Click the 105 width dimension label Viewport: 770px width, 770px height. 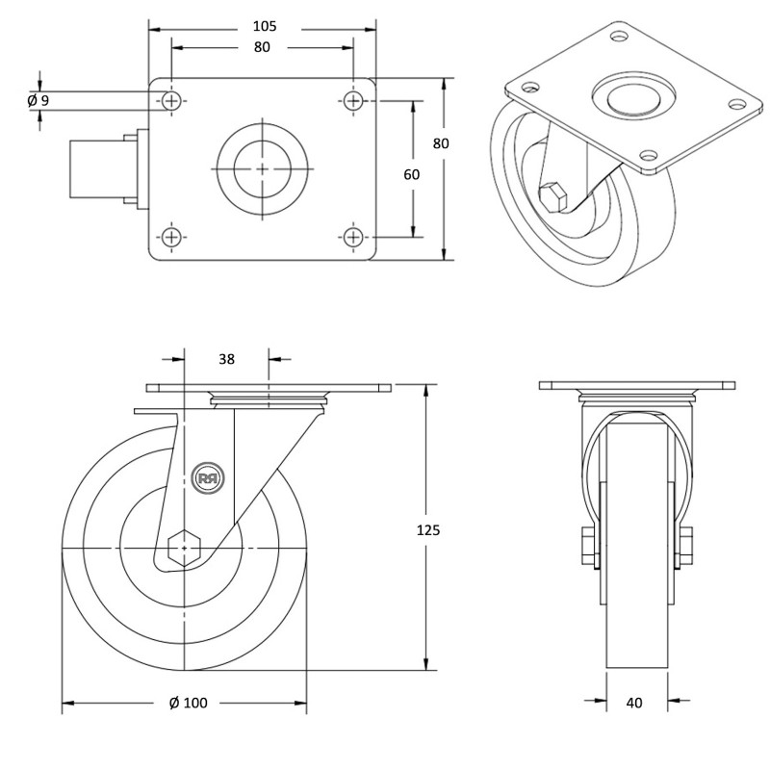(262, 26)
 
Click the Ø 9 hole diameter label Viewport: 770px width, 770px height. (38, 100)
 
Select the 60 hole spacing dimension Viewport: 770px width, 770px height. (412, 174)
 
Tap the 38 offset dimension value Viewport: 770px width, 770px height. (227, 359)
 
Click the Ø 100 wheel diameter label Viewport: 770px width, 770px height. (188, 703)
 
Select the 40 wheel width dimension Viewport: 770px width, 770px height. (633, 703)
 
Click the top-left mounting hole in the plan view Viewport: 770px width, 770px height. (171, 100)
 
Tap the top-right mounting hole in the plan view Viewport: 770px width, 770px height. (354, 100)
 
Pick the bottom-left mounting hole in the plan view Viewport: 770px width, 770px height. (171, 236)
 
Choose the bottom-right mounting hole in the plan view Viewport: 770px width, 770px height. (354, 236)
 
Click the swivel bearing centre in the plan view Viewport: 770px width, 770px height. (263, 167)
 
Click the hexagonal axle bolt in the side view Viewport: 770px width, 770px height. (183, 547)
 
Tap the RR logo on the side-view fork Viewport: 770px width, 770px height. (207, 477)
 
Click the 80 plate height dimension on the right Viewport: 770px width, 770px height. (441, 143)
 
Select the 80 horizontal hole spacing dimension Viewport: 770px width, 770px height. (262, 47)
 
